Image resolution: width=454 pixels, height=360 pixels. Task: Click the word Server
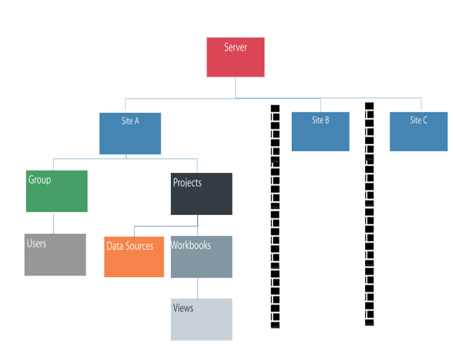coord(236,47)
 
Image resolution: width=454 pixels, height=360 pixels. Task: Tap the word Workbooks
coord(191,245)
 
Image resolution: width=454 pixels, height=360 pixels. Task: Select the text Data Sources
coord(130,246)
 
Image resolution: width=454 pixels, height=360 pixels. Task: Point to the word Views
coord(183,308)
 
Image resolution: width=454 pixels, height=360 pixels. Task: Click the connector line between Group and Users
coord(53,223)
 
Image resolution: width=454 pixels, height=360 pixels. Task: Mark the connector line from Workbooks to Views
coord(197,288)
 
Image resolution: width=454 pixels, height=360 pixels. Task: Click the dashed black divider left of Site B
coord(275,216)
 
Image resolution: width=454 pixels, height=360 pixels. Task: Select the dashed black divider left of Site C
coord(369,214)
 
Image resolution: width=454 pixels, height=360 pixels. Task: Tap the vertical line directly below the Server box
coord(235,87)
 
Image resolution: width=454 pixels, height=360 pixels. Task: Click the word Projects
coord(187,183)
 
